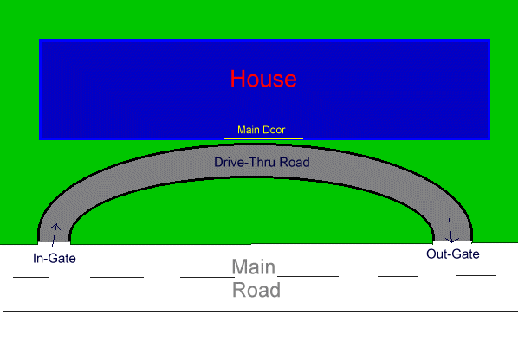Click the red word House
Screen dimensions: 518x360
[x=263, y=79]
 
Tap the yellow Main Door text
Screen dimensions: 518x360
[x=261, y=130]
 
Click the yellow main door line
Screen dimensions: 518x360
[x=263, y=138]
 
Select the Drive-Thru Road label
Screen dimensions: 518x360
[x=262, y=163]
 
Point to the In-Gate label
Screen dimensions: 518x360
[x=55, y=258]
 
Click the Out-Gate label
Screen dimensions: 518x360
[x=452, y=254]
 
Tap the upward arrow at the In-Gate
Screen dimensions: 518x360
[x=55, y=235]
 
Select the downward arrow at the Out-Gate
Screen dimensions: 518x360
[x=450, y=230]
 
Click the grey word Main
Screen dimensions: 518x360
[x=254, y=267]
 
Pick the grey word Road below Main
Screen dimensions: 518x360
[x=256, y=290]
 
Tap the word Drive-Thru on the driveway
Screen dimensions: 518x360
[x=245, y=163]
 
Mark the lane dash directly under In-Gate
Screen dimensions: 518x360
[x=30, y=277]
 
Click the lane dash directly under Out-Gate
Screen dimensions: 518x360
[x=476, y=275]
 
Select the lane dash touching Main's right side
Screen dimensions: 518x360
[x=308, y=276]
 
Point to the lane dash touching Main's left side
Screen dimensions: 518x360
[x=207, y=277]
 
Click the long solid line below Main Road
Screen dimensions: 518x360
[x=261, y=311]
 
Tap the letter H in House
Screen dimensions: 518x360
[x=237, y=79]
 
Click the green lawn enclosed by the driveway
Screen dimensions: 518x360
[x=251, y=211]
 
